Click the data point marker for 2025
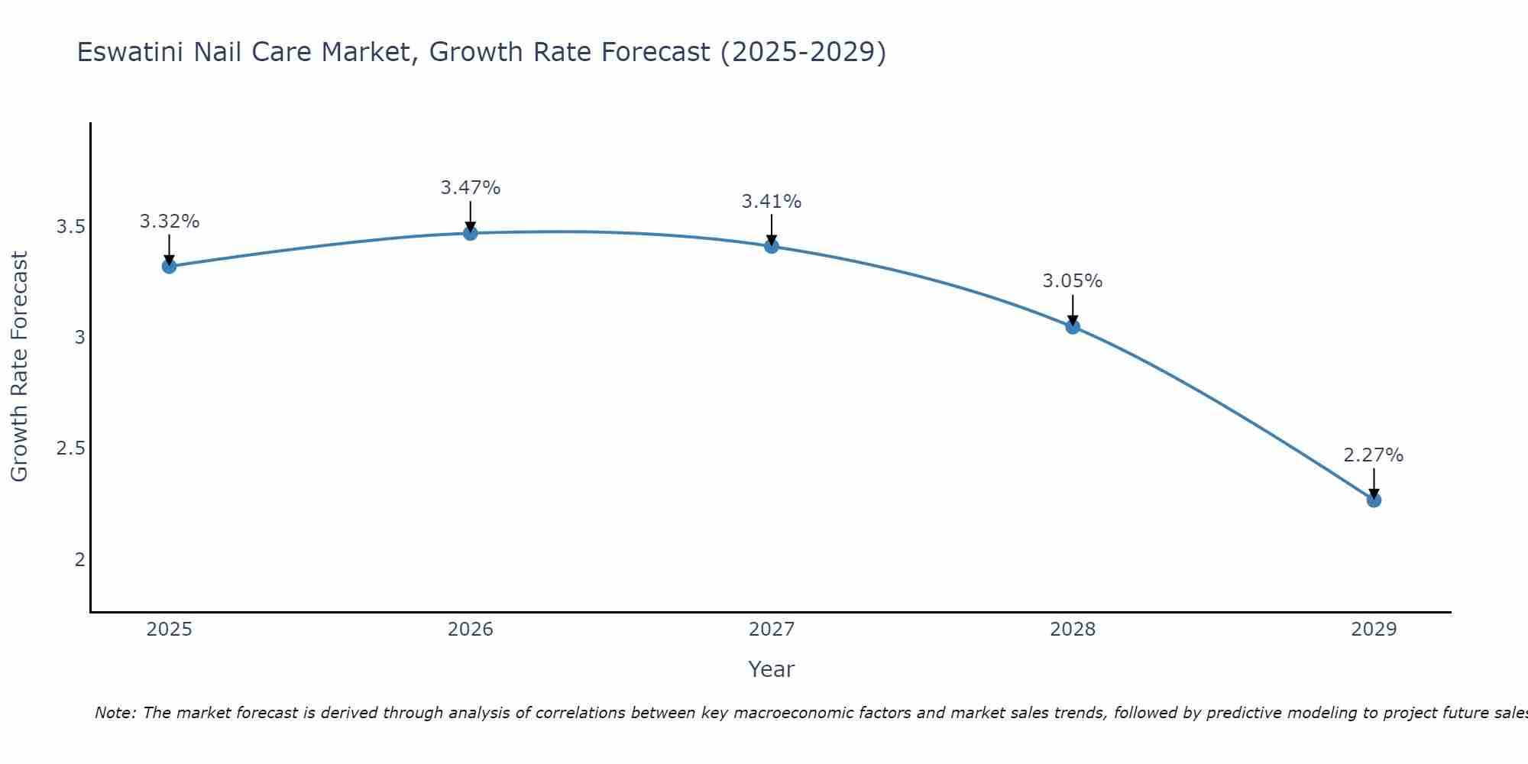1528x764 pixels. (x=169, y=266)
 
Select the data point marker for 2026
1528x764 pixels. (x=470, y=233)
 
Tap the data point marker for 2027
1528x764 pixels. (x=771, y=246)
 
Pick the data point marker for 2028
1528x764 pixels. (x=1073, y=327)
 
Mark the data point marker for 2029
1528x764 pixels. (x=1374, y=500)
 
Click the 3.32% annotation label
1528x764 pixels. (x=169, y=222)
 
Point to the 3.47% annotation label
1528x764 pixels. (x=470, y=187)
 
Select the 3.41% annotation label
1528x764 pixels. (x=771, y=202)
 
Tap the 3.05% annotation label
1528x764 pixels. (x=1073, y=281)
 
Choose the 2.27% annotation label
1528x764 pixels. (x=1374, y=455)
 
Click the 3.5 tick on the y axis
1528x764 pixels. (x=70, y=227)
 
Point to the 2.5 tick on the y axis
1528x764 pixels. (x=70, y=448)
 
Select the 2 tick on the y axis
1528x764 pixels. (x=79, y=559)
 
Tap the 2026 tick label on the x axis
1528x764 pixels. (x=470, y=630)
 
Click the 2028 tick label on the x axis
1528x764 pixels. (x=1073, y=630)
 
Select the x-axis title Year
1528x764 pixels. (x=771, y=669)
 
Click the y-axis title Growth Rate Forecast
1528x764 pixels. (x=19, y=367)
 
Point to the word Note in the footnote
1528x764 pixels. (x=114, y=713)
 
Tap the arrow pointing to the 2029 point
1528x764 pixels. (x=1374, y=483)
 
